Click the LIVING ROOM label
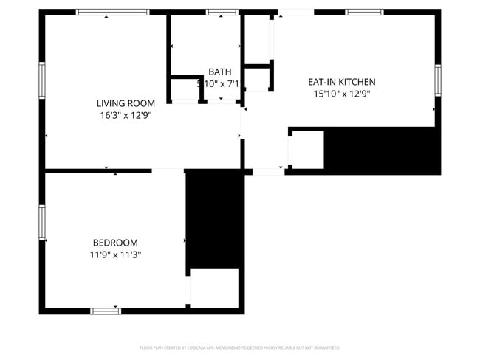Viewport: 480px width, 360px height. point(126,103)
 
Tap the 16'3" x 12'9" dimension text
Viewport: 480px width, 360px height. point(126,115)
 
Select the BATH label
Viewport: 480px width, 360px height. point(219,72)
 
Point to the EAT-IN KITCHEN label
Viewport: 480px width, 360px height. point(342,82)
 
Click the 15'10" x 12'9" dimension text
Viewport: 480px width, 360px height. point(342,94)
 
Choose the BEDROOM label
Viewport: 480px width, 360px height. point(115,243)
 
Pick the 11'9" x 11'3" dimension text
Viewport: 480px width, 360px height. point(115,255)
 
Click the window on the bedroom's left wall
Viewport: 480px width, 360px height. point(42,222)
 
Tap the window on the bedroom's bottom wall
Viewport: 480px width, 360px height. point(106,311)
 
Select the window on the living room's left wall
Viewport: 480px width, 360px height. point(42,80)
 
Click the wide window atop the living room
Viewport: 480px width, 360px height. point(113,13)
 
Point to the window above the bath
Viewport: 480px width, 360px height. point(222,13)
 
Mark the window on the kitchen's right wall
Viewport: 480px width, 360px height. point(438,80)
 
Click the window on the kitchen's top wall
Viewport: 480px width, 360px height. point(364,13)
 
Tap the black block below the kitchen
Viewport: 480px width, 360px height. point(382,150)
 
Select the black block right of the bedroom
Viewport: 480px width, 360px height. point(214,219)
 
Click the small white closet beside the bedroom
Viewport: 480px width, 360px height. point(214,288)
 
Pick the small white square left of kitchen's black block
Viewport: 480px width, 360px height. point(307,150)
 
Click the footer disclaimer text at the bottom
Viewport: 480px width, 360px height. point(240,347)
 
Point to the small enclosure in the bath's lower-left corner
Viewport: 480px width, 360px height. point(185,89)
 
